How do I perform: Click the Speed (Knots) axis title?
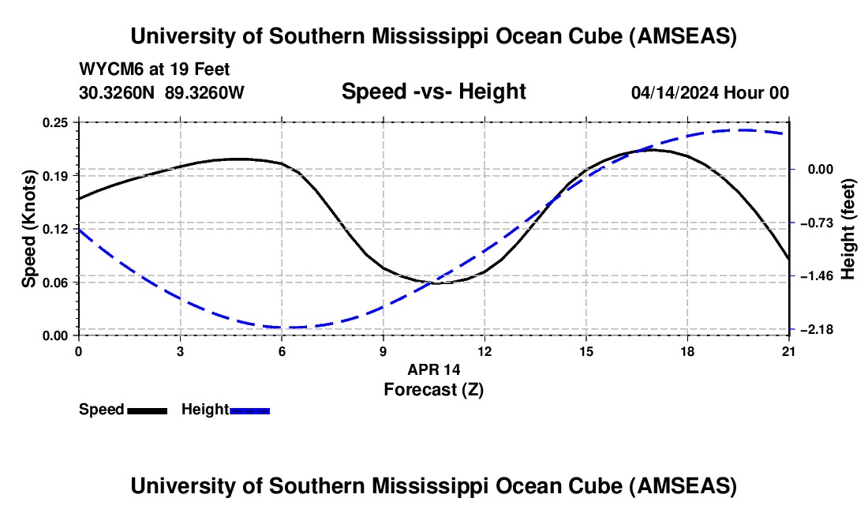tap(29, 228)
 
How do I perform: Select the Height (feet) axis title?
tap(848, 228)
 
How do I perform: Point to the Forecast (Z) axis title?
tap(433, 389)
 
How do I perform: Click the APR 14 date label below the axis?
tap(433, 369)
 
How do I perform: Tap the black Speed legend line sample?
tap(147, 410)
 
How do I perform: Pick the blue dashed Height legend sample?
tap(250, 410)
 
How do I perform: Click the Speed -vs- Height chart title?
tap(433, 92)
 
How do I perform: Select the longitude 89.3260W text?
tap(204, 92)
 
